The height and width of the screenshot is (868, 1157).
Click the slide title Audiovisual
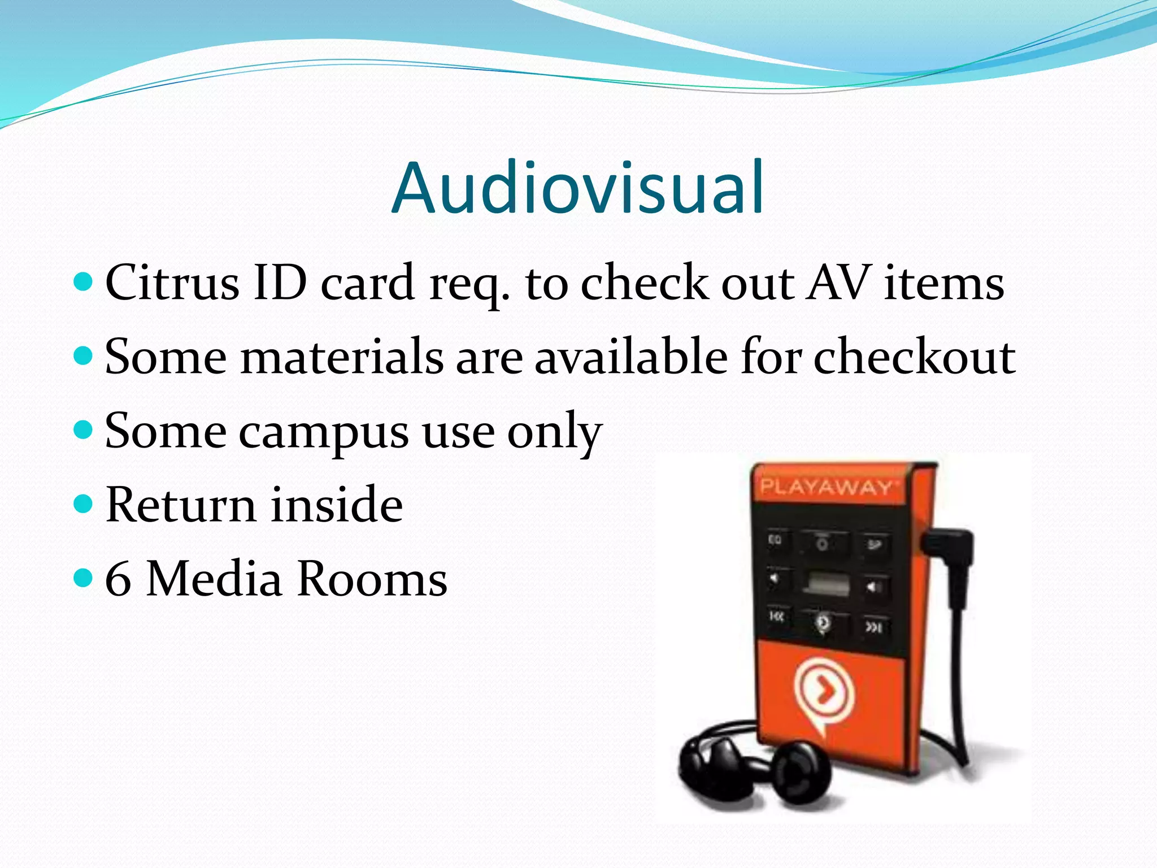[577, 188]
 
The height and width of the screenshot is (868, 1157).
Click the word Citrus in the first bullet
[172, 283]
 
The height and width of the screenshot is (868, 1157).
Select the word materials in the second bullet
[342, 357]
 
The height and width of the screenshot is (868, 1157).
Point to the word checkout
[914, 357]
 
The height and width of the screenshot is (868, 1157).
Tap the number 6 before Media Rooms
[118, 580]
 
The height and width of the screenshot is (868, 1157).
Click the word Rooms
[372, 580]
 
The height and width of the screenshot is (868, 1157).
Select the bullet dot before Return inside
[83, 503]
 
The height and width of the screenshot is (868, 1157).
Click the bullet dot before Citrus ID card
[83, 281]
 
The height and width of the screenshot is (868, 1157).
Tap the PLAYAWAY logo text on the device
[826, 487]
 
